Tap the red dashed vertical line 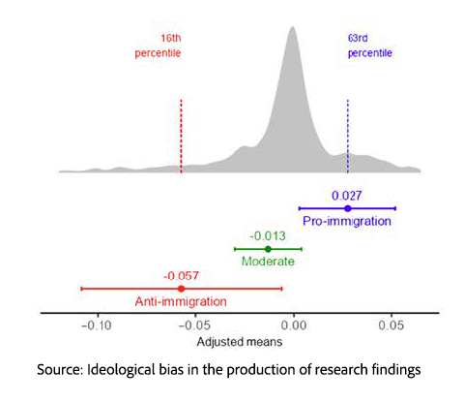pos(181,133)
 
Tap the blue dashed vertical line pos(347,133)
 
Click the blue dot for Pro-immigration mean pos(347,208)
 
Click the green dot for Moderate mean pos(268,249)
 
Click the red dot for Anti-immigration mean pos(181,289)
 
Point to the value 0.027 pos(346,196)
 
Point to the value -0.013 pos(267,235)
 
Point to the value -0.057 pos(181,275)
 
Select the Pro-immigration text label pos(347,222)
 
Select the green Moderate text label pos(268,263)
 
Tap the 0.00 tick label pos(294,326)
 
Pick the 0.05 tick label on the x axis pos(391,326)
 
